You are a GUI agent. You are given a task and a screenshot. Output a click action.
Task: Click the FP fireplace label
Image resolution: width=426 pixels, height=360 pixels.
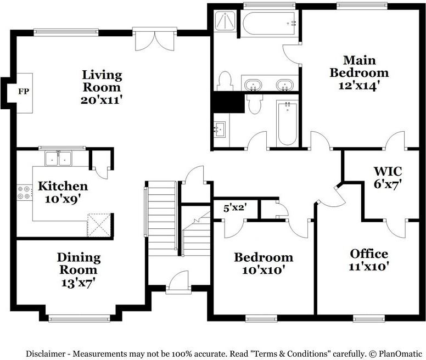coord(24,92)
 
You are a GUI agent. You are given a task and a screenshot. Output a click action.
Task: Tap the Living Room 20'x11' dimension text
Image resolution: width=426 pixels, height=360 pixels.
coord(100,100)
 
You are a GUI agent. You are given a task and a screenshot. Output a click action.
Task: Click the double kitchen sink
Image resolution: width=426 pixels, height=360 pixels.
coord(58,158)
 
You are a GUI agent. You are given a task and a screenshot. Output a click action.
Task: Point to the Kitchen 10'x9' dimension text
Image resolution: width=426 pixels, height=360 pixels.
coord(63,200)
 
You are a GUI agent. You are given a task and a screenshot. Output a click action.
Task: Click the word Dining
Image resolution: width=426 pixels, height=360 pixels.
coord(79,257)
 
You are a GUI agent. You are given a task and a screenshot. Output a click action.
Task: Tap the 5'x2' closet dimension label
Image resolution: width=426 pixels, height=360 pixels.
coord(235,208)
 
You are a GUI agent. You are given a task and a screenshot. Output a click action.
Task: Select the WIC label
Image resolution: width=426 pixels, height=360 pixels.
coord(388,171)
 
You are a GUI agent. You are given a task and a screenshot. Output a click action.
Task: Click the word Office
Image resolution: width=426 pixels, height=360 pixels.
coord(369,254)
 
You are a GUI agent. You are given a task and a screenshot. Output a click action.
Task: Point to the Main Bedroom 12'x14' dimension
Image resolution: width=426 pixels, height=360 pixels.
coord(358,86)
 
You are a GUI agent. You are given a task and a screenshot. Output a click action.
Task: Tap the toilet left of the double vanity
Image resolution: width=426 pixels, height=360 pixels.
coord(225,81)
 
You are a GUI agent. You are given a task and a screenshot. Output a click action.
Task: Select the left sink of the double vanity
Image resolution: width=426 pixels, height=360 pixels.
coord(253,85)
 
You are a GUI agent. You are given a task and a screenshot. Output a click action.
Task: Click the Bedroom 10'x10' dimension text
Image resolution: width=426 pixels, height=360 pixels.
coord(264,270)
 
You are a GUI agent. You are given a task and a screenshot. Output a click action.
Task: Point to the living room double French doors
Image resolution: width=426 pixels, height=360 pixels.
coord(155,40)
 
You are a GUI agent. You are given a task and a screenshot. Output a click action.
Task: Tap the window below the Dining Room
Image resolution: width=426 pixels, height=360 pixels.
coord(80,318)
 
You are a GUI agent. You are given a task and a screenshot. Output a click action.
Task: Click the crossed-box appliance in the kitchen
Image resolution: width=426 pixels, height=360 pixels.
coord(99,225)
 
